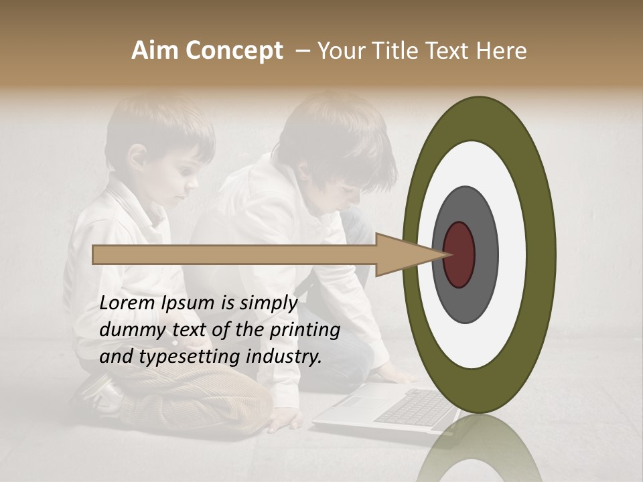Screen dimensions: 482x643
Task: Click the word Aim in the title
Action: [155, 51]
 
